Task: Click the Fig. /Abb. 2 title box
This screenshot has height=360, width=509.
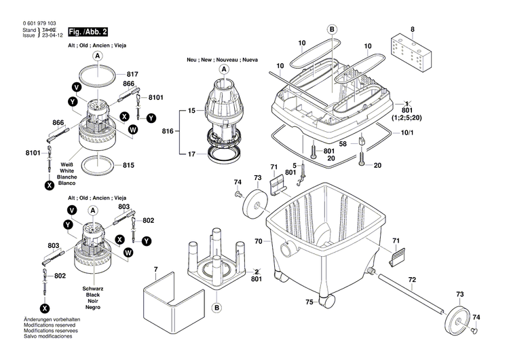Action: pos(88,32)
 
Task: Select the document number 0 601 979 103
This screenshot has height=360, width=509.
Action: pos(39,23)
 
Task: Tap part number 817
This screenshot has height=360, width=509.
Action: pos(132,74)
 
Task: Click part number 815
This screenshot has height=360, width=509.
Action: pos(128,165)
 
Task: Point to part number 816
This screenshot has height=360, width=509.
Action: pos(168,131)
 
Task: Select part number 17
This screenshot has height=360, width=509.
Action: pos(191,154)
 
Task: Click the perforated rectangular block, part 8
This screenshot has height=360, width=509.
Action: pos(411,52)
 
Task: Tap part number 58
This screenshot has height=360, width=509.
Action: pos(343,143)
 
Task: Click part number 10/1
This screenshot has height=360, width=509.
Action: pos(407,132)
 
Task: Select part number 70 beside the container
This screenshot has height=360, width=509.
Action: pos(259,241)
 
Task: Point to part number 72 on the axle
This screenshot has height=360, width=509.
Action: pos(412,279)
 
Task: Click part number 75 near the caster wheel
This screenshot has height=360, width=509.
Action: pos(309,302)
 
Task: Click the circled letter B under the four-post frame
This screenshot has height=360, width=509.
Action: pos(217,308)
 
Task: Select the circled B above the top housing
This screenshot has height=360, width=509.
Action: pos(332,30)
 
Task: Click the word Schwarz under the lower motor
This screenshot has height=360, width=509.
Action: pos(93,289)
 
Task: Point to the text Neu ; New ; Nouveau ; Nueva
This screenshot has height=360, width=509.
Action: pos(223,60)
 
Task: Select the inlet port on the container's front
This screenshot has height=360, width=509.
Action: pos(287,249)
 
